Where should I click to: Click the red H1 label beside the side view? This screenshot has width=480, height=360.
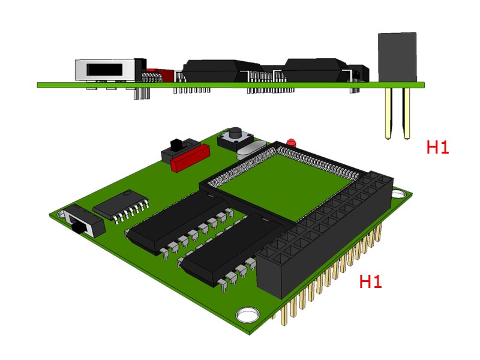pyautogui.click(x=437, y=147)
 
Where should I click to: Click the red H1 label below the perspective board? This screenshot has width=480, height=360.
pyautogui.click(x=370, y=281)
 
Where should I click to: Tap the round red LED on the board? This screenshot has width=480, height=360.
pyautogui.click(x=291, y=142)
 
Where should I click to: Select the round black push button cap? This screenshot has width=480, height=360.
pyautogui.click(x=236, y=134)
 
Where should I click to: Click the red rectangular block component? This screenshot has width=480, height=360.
pyautogui.click(x=190, y=158)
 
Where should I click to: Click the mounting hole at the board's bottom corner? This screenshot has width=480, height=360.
pyautogui.click(x=248, y=315)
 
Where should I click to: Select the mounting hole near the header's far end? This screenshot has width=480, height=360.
pyautogui.click(x=398, y=194)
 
